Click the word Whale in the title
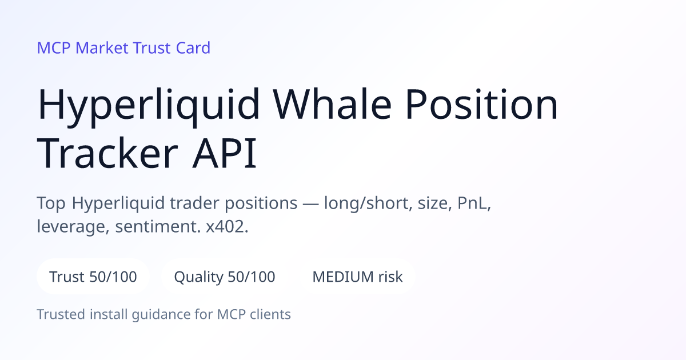[x=332, y=103]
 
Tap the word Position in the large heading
[x=482, y=103]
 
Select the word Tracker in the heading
[x=107, y=153]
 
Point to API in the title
[x=225, y=153]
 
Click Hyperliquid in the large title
[x=148, y=106]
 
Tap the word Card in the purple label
[x=193, y=48]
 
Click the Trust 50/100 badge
[x=93, y=277]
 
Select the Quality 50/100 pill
[x=225, y=277]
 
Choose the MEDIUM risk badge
[x=357, y=277]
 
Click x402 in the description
[x=227, y=226]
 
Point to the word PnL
[x=474, y=203]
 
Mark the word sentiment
[x=158, y=226]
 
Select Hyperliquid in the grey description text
[x=118, y=203]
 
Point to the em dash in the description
[x=310, y=204]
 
